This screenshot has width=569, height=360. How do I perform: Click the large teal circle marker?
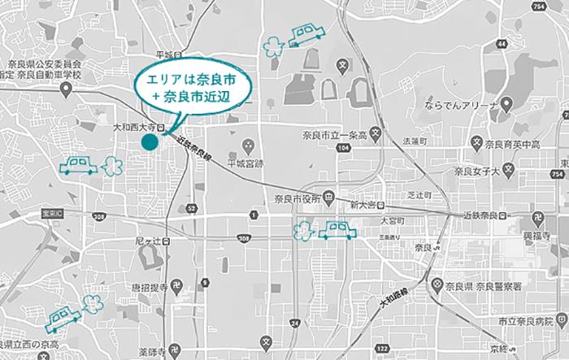pyautogui.click(x=149, y=142)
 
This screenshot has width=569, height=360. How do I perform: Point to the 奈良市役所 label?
pyautogui.click(x=298, y=197)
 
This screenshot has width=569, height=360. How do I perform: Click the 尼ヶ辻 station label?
pyautogui.click(x=147, y=241)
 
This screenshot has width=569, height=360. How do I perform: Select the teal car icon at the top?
pyautogui.click(x=306, y=33)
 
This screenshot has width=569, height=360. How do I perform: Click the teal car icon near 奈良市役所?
pyautogui.click(x=337, y=230)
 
